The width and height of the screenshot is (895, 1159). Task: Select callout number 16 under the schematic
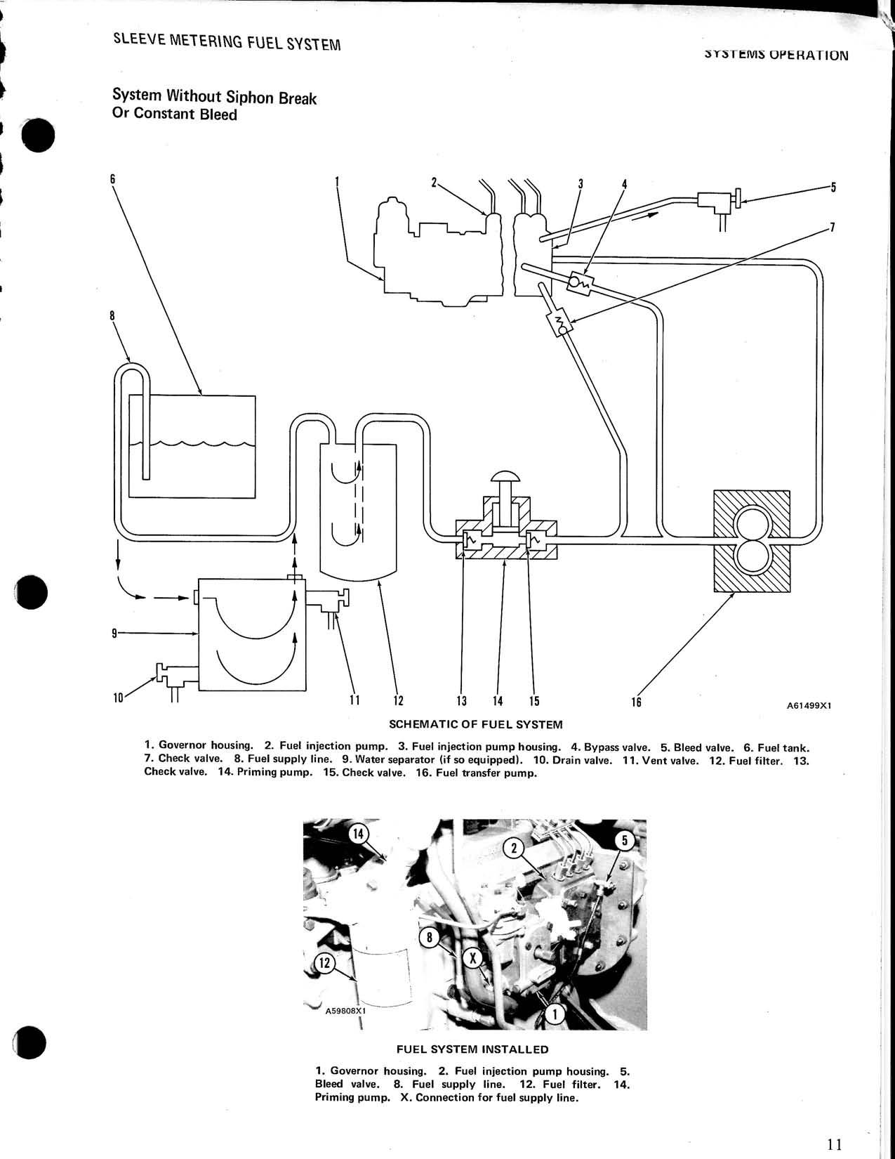pyautogui.click(x=636, y=701)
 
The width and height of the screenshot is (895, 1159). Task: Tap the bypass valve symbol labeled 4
pyautogui.click(x=580, y=282)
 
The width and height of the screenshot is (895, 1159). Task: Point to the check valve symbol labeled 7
pyautogui.click(x=560, y=324)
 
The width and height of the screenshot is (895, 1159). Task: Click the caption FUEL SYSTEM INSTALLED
pyautogui.click(x=472, y=1049)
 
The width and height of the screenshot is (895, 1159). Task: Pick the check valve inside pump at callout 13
pyautogui.click(x=469, y=542)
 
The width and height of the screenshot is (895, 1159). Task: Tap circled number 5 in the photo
pyautogui.click(x=626, y=841)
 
